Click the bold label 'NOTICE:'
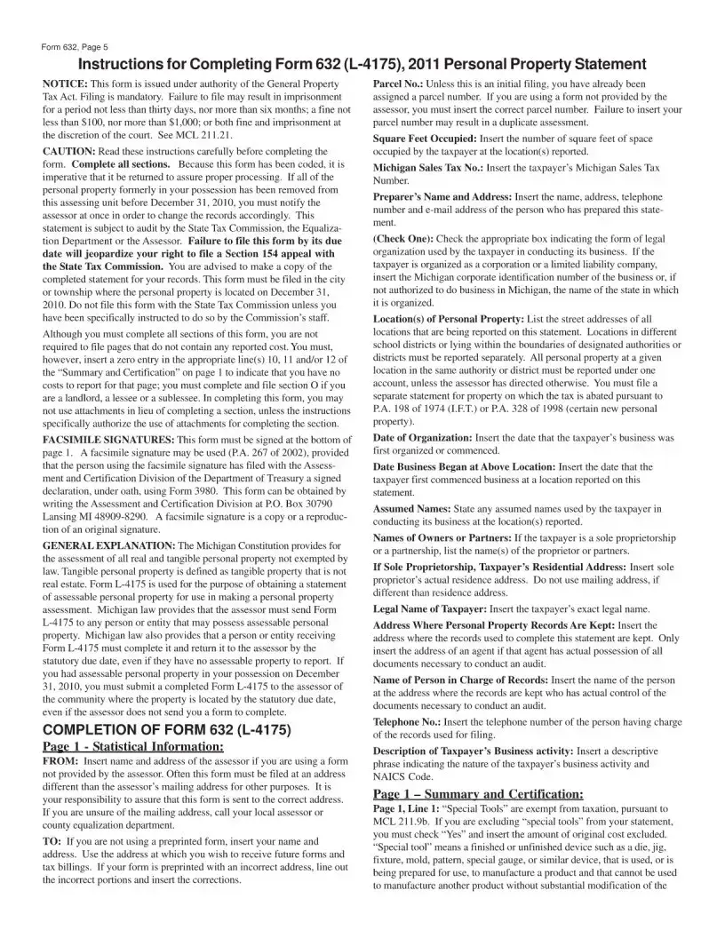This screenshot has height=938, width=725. coord(65,83)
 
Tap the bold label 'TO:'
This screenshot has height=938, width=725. coord(52,840)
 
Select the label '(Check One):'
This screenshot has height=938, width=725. coord(403,239)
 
